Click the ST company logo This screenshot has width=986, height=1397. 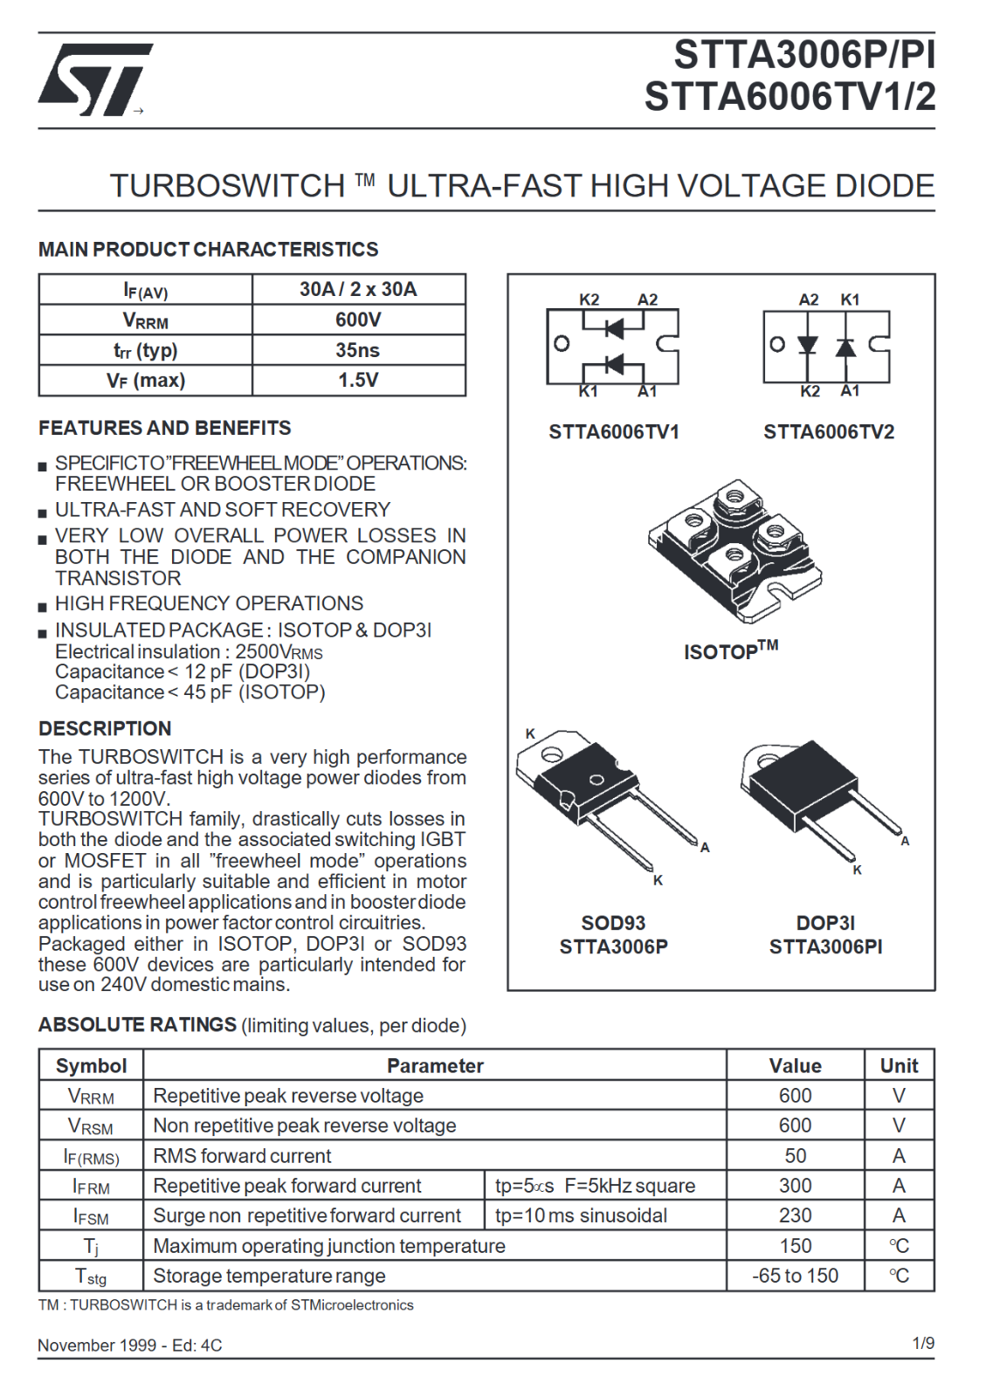93,79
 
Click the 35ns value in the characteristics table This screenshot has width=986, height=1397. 358,350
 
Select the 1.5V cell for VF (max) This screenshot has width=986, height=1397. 358,380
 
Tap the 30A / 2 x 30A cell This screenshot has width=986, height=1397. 358,289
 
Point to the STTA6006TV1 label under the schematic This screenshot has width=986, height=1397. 613,432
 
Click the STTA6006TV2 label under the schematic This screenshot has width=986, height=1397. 829,432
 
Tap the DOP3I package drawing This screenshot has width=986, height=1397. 817,799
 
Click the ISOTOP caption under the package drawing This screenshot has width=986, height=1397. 730,650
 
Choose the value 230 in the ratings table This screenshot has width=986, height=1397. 795,1215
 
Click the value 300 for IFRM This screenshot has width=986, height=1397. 795,1186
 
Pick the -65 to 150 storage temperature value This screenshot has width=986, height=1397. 795,1276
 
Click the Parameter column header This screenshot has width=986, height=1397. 435,1065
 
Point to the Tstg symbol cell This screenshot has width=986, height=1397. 91,1277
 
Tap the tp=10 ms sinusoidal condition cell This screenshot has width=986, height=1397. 581,1215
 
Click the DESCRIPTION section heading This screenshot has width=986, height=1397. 105,729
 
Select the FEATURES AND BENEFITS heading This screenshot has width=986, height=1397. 164,428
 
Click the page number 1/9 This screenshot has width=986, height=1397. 923,1343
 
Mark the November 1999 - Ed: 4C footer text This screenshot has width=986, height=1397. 129,1345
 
